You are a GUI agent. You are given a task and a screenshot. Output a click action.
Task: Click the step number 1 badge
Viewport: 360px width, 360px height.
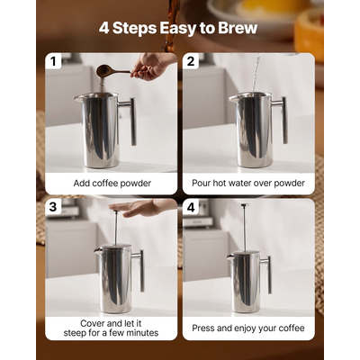click(55, 62)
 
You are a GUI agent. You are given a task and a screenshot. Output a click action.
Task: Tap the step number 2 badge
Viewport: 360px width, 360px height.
click(192, 62)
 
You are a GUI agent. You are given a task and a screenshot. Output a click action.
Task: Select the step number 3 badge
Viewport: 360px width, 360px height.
click(55, 207)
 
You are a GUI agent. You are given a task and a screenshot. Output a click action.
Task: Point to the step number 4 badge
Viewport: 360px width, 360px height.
click(192, 207)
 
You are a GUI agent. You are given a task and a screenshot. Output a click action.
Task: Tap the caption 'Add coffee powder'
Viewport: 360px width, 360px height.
click(112, 183)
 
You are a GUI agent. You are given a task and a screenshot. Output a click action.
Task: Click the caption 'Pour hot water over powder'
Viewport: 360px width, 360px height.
click(248, 183)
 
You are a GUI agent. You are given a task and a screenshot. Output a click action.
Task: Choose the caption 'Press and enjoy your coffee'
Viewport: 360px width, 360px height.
click(248, 328)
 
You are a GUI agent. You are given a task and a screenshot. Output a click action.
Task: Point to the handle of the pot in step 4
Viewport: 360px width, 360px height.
click(267, 274)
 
